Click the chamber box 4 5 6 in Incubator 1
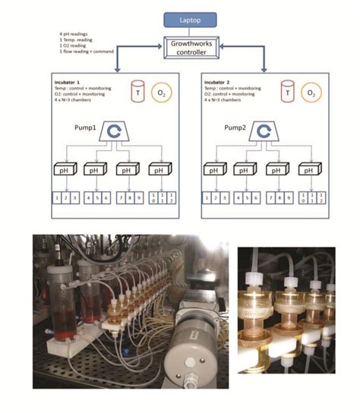click(x=96, y=200)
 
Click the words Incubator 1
click(x=72, y=80)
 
